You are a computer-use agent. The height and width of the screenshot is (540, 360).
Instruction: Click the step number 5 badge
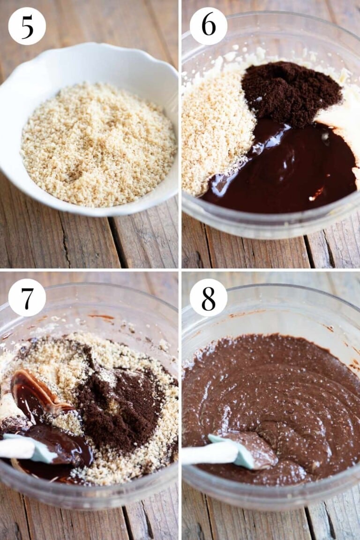click(27, 26)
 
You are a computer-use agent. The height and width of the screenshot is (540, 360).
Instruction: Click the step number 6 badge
click(208, 26)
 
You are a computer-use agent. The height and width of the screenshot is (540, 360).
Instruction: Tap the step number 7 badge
click(27, 297)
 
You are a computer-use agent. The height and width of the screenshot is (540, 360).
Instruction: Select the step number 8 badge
click(208, 297)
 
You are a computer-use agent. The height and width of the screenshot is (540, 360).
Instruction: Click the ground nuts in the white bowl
click(98, 145)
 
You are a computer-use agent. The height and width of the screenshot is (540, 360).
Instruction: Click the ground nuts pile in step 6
click(213, 131)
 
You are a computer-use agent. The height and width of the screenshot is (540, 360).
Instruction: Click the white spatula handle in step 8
click(202, 454)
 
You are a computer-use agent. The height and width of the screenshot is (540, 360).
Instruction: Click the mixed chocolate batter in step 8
click(281, 389)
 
